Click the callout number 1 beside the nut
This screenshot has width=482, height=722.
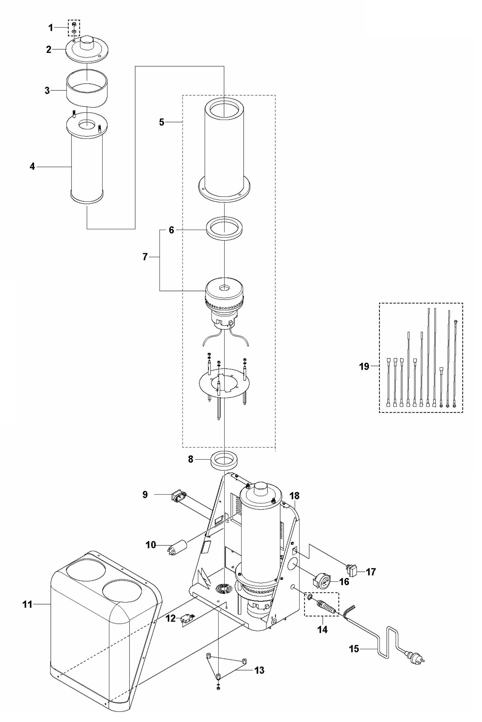click(x=50, y=28)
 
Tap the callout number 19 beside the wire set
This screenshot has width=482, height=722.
click(x=364, y=366)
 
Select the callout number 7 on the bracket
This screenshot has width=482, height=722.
click(x=145, y=257)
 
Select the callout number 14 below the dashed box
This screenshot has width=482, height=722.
click(x=322, y=629)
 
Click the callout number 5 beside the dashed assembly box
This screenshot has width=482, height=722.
click(x=162, y=122)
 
